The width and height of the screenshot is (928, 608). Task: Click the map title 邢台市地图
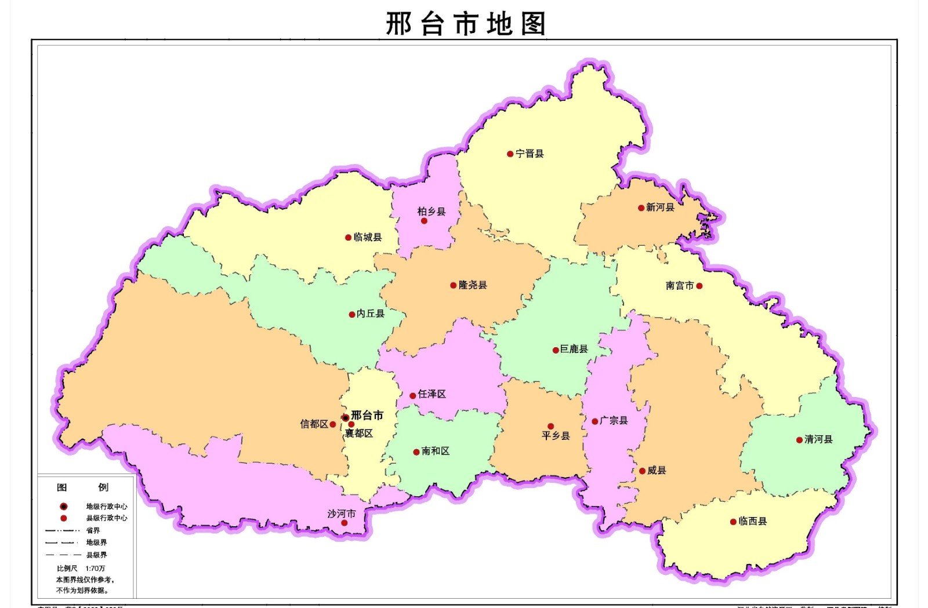pos(466,24)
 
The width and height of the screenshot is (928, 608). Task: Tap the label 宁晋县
pos(530,154)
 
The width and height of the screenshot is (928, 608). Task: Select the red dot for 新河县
pos(641,208)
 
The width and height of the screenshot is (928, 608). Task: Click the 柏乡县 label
pos(432,212)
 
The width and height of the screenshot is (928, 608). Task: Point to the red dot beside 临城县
pos(348,238)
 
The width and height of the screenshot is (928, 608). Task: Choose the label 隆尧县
pos(473,285)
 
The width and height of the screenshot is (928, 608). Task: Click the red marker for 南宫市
pos(699,286)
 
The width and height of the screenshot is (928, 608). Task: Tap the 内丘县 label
pos(371,314)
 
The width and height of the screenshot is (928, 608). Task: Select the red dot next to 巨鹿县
pos(555,350)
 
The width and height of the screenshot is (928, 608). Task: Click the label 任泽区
pos(432,394)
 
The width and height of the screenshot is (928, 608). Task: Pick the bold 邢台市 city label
pos(367,415)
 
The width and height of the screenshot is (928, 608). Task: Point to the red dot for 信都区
pos(333,424)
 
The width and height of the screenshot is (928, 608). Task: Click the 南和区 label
pos(436,451)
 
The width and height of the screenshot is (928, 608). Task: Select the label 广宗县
pos(614,420)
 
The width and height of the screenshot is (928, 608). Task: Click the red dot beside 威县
pos(642,471)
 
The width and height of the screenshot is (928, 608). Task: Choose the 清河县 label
pos(818,439)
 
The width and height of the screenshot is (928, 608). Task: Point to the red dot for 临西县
pos(733,522)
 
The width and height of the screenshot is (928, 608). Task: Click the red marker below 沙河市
pos(344,523)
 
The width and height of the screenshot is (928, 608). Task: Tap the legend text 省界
pos(93,530)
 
